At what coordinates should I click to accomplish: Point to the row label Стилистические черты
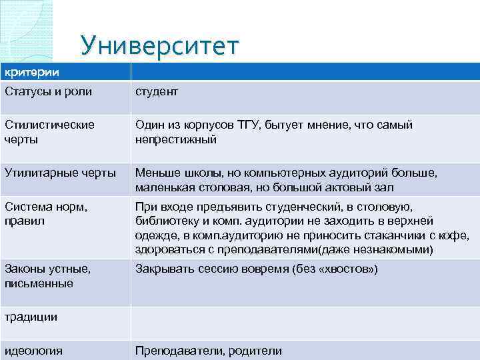click(49, 132)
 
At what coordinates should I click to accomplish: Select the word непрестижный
click(176, 140)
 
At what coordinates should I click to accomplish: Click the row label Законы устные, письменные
click(48, 277)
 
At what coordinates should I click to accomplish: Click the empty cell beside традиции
click(304, 317)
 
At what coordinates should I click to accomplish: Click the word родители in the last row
click(254, 351)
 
